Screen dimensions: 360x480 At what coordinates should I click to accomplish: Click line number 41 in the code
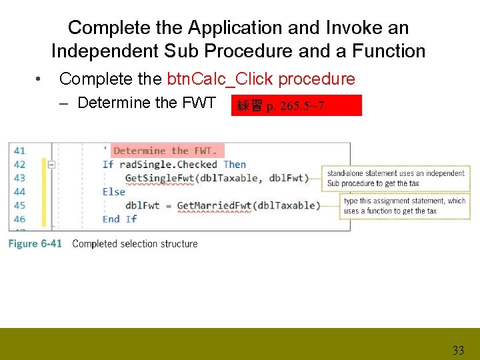[x=19, y=151]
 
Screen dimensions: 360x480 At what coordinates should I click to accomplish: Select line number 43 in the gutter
[x=19, y=178]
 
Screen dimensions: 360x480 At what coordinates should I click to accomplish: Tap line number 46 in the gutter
[x=19, y=219]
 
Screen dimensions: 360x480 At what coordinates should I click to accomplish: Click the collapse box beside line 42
[x=51, y=165]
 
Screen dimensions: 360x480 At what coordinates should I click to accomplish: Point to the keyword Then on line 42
[x=235, y=165]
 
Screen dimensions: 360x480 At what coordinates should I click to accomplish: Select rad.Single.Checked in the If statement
[x=168, y=165]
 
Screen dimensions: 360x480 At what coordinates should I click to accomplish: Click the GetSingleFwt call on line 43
[x=157, y=178]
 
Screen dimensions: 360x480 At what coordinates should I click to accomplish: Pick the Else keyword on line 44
[x=114, y=192]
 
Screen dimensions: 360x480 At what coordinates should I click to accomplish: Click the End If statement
[x=120, y=219]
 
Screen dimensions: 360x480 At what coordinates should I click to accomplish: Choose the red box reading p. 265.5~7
[x=295, y=105]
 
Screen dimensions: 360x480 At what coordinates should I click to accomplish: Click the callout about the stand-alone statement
[x=396, y=178]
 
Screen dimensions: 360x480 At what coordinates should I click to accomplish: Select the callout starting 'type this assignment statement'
[x=405, y=206]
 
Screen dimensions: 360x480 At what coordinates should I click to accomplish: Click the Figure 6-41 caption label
[x=35, y=243]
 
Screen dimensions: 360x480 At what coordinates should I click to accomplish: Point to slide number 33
[x=458, y=351]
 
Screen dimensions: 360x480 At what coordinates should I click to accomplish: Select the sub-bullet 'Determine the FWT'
[x=146, y=103]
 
